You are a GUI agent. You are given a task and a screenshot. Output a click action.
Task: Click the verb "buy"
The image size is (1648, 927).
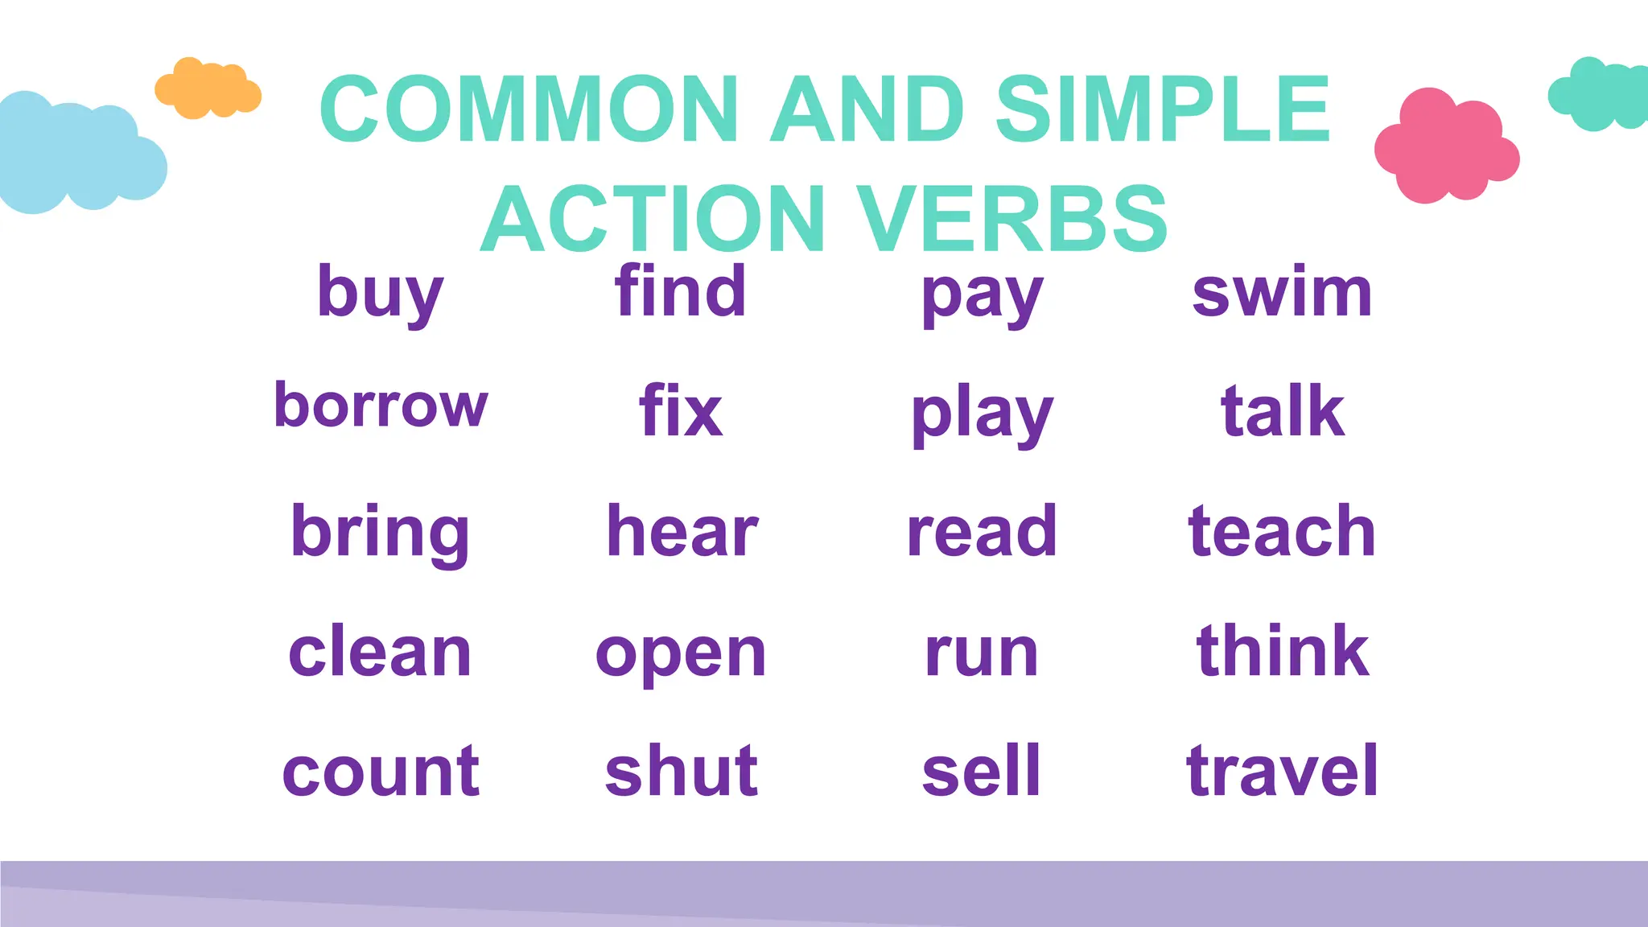coord(380,293)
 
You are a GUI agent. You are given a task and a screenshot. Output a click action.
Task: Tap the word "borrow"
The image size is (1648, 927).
coord(381,405)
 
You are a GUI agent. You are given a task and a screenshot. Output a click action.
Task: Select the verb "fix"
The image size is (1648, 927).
coord(681,411)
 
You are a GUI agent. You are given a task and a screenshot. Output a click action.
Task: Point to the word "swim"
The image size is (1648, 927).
coord(1282,292)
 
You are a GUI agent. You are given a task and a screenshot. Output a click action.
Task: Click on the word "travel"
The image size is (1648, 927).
coord(1283,771)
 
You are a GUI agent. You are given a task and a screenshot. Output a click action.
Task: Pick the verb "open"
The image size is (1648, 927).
coord(681,653)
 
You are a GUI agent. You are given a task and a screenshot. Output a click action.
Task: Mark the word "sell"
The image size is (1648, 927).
coord(982,771)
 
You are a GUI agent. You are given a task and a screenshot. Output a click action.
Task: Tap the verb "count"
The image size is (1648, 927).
coord(381,771)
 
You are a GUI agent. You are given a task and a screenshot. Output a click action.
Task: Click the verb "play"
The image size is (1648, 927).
coord(982,414)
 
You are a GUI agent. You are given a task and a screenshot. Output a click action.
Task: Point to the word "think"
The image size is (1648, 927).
coord(1283,651)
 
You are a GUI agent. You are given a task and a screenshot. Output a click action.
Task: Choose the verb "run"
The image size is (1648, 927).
coord(982,653)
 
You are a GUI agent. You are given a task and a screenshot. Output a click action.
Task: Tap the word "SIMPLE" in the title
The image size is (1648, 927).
coord(1163,109)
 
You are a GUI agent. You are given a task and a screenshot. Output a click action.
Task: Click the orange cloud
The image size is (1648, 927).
coord(208,89)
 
